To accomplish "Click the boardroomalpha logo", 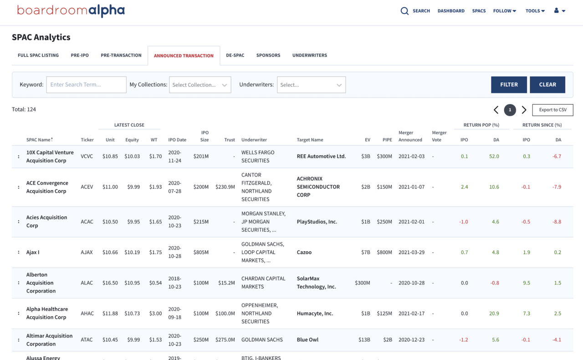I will click(x=71, y=11).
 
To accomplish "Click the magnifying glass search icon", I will click(x=404, y=11).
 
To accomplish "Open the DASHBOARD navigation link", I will click(x=451, y=11).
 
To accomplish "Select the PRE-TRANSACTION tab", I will click(x=121, y=56).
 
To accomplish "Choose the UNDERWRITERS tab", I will click(x=310, y=56).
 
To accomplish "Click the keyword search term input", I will click(x=86, y=85).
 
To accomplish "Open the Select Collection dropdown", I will click(x=200, y=85).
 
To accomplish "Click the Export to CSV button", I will click(x=552, y=110).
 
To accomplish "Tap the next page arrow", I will click(x=524, y=110).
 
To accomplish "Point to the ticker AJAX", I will click(x=87, y=253).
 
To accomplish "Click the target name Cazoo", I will click(x=304, y=253).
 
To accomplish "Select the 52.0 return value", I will click(x=494, y=157).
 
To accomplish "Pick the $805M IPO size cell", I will click(x=201, y=253).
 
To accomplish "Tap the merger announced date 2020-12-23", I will click(x=411, y=340).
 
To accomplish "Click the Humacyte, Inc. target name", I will click(x=315, y=314).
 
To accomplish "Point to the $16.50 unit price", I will click(x=110, y=283).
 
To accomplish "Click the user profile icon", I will click(x=559, y=11).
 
